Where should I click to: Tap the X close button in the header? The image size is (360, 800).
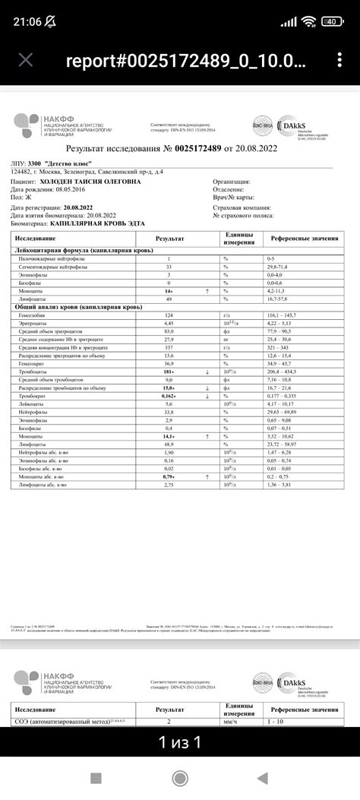coord(25,61)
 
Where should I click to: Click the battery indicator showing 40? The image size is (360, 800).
coord(332,21)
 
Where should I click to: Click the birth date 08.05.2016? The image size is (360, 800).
coord(83,190)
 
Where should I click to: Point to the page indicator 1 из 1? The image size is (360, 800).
coord(180,742)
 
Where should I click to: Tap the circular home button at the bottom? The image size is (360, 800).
coord(180,778)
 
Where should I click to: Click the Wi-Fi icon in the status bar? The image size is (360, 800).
coord(308,21)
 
